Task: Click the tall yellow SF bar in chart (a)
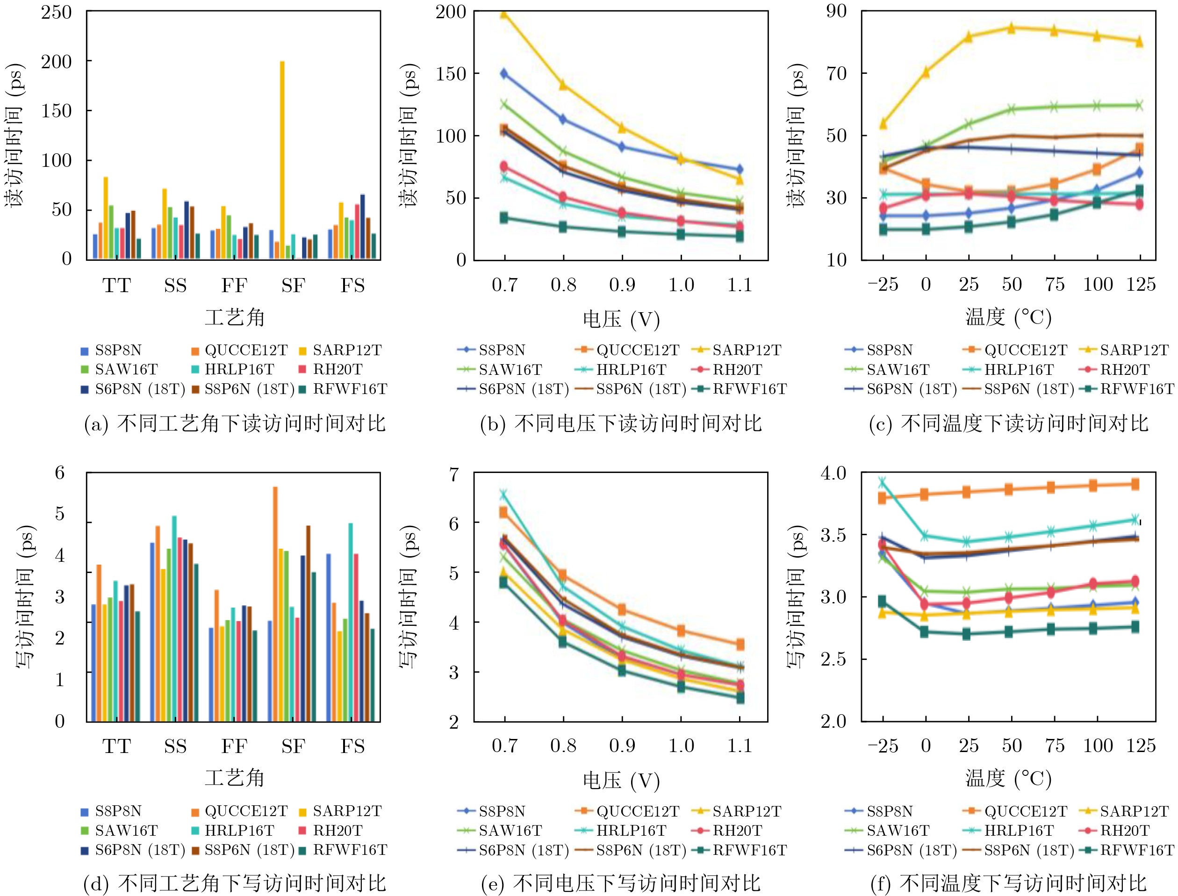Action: click(282, 160)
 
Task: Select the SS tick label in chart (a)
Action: click(175, 286)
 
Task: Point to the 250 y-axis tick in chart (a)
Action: click(57, 12)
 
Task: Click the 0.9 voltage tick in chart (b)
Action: click(622, 285)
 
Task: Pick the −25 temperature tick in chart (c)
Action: click(883, 285)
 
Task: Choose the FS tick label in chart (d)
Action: click(352, 746)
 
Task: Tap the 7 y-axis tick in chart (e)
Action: click(454, 474)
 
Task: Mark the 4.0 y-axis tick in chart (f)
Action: click(833, 473)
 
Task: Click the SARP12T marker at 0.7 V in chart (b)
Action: click(504, 14)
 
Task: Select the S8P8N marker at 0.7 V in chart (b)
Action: click(504, 73)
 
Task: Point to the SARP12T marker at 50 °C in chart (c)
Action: click(1011, 28)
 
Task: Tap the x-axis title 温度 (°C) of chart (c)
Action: click(1008, 318)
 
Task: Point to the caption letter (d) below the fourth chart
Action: click(96, 883)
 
